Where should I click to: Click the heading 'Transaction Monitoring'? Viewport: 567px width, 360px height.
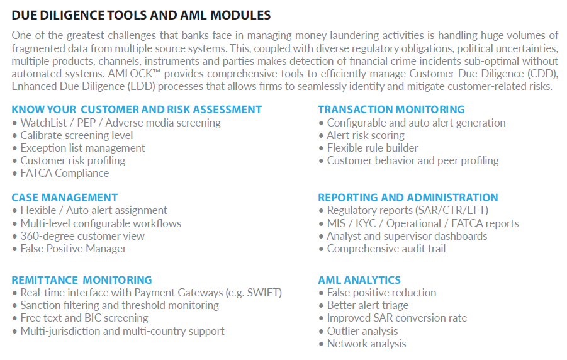(391, 110)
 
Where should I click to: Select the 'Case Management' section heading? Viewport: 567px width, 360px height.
(65, 198)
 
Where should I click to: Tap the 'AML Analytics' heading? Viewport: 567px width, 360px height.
(359, 280)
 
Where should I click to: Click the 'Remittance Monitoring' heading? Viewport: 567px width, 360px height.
(82, 280)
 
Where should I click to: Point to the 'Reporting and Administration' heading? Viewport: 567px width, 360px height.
(408, 198)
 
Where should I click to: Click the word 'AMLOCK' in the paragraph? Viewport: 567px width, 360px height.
(130, 74)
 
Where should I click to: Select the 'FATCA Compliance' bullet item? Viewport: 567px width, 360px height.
(65, 173)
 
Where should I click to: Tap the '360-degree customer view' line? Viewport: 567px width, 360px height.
(82, 236)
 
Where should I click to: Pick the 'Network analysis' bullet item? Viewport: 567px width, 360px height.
(367, 344)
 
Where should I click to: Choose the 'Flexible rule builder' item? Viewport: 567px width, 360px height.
(373, 148)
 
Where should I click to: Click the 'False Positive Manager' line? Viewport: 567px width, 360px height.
(74, 249)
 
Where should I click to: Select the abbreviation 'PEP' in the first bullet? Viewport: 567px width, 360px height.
(86, 123)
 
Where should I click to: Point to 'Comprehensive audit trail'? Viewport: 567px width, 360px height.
(386, 249)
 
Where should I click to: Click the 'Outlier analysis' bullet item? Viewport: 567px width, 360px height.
(362, 331)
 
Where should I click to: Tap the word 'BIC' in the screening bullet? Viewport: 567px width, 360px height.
(92, 318)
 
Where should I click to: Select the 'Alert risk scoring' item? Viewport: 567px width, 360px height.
(366, 135)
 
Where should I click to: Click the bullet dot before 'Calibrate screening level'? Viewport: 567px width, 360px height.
(14, 136)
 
